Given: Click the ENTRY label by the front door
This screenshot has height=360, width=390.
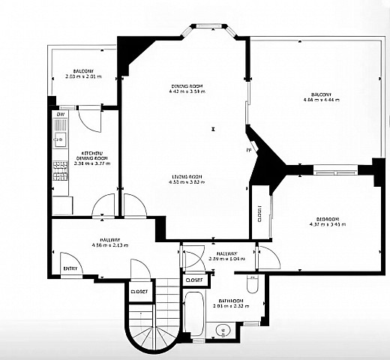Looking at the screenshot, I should (x=70, y=268).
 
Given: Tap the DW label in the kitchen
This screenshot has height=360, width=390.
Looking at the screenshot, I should (x=60, y=114).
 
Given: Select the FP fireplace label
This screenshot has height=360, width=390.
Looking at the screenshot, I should (x=248, y=150).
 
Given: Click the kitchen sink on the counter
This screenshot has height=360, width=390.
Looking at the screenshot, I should (x=59, y=138).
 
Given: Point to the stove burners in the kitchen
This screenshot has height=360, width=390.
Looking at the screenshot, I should (x=59, y=172).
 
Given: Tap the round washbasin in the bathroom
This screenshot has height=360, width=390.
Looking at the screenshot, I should (x=221, y=329).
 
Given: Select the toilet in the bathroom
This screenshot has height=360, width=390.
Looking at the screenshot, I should (x=253, y=286).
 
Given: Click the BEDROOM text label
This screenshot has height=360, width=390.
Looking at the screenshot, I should (x=323, y=218).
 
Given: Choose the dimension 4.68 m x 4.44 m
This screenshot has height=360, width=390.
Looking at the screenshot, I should (x=322, y=100).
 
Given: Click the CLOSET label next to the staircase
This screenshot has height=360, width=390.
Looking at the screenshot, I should (x=139, y=292).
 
